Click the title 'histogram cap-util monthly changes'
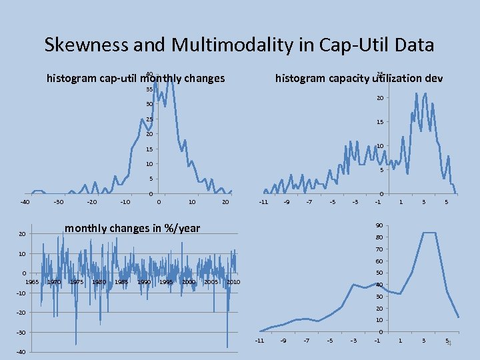135,79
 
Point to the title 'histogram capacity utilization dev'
359,78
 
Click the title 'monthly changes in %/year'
132,228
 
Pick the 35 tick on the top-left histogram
149,89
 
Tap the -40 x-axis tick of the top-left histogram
25,202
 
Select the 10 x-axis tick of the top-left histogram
192,202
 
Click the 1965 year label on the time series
32,282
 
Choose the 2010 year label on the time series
233,282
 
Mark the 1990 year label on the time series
144,282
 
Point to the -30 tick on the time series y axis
21,332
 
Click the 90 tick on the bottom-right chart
379,225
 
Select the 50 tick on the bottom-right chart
379,273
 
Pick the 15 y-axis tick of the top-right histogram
379,122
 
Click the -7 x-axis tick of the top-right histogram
309,202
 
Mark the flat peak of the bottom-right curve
429,233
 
